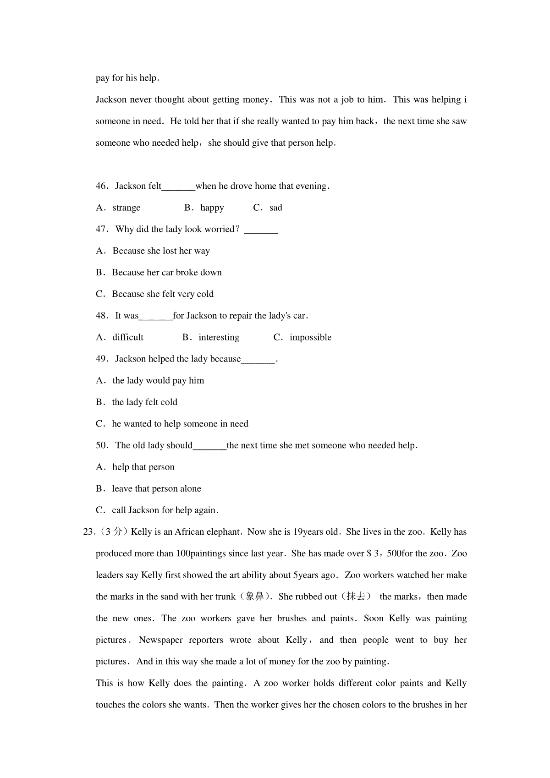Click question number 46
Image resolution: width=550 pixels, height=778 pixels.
pyautogui.click(x=101, y=186)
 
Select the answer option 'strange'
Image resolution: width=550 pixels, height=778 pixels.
pyautogui.click(x=126, y=208)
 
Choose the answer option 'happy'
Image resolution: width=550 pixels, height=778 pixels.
pyautogui.click(x=212, y=208)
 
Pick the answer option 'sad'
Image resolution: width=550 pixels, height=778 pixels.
pyautogui.click(x=276, y=208)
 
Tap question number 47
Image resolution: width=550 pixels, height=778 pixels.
pyautogui.click(x=101, y=229)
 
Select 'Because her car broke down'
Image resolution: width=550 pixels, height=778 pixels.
pyautogui.click(x=167, y=273)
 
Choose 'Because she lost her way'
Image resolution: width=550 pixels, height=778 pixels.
pyautogui.click(x=161, y=251)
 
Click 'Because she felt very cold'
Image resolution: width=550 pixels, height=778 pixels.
pyautogui.click(x=163, y=294)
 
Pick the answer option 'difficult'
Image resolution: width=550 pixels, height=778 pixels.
pyautogui.click(x=128, y=337)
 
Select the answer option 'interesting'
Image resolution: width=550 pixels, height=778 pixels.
pyautogui.click(x=219, y=337)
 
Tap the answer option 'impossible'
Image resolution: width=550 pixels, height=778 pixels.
pyautogui.click(x=310, y=337)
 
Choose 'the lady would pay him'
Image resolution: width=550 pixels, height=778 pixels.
pyautogui.click(x=158, y=381)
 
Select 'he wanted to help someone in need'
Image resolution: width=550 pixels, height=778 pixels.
pyautogui.click(x=180, y=424)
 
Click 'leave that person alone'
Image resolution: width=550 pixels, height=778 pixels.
pyautogui.click(x=156, y=489)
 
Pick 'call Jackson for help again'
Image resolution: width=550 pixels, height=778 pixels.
pyautogui.click(x=165, y=510)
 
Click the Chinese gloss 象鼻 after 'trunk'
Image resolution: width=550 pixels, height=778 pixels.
pyautogui.click(x=255, y=597)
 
